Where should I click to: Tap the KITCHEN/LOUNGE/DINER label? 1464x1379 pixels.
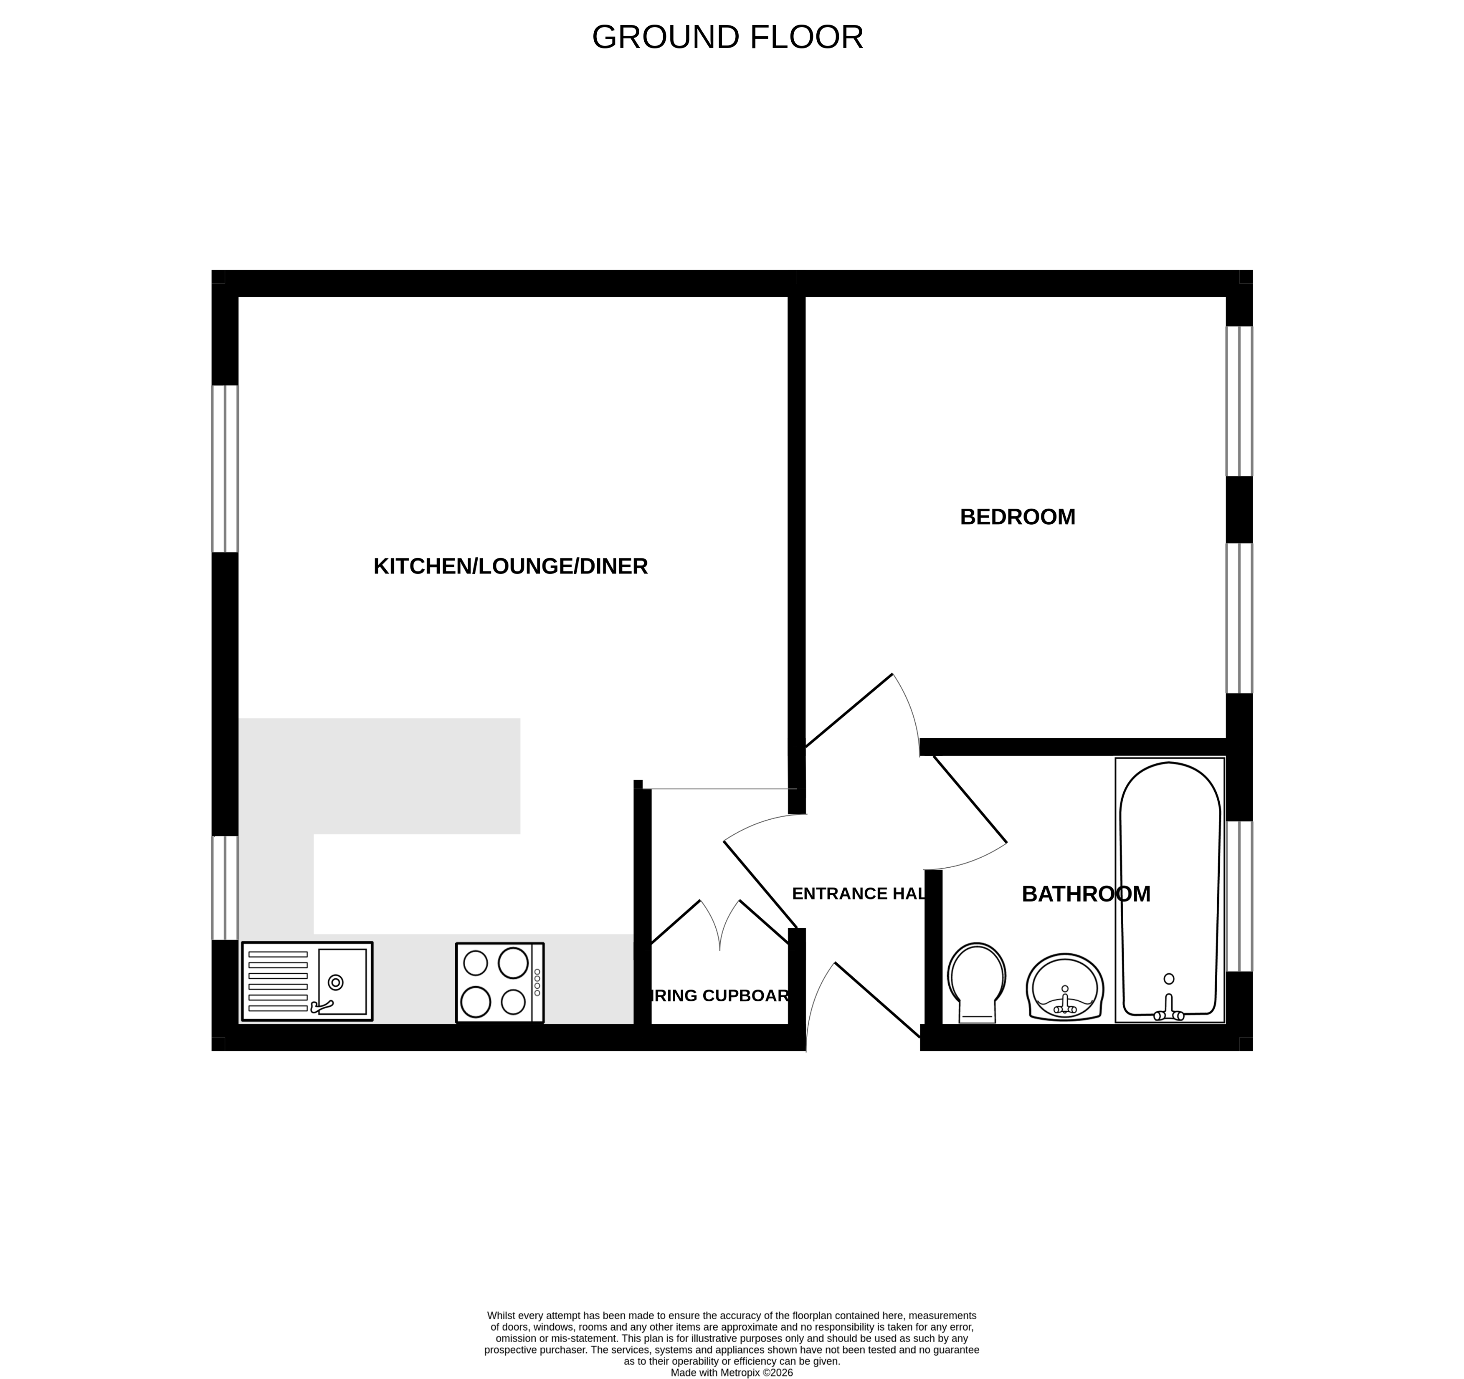click(x=510, y=566)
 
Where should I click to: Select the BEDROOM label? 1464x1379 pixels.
click(x=1017, y=517)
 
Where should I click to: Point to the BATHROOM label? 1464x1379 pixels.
click(x=1086, y=894)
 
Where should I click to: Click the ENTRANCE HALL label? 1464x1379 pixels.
click(x=859, y=894)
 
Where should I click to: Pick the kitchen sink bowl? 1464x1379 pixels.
click(x=342, y=981)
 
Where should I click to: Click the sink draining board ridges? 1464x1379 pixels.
click(x=278, y=981)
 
